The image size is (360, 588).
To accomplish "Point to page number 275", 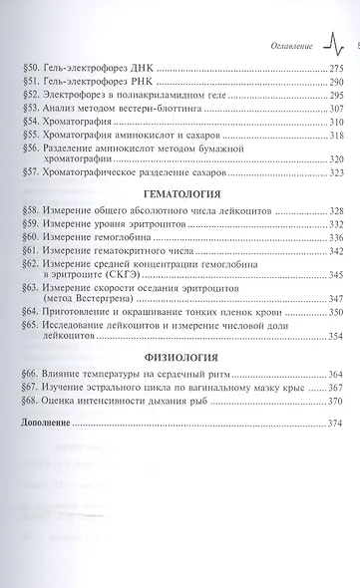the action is point(329,69).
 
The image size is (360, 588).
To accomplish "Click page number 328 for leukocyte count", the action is point(329,212).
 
